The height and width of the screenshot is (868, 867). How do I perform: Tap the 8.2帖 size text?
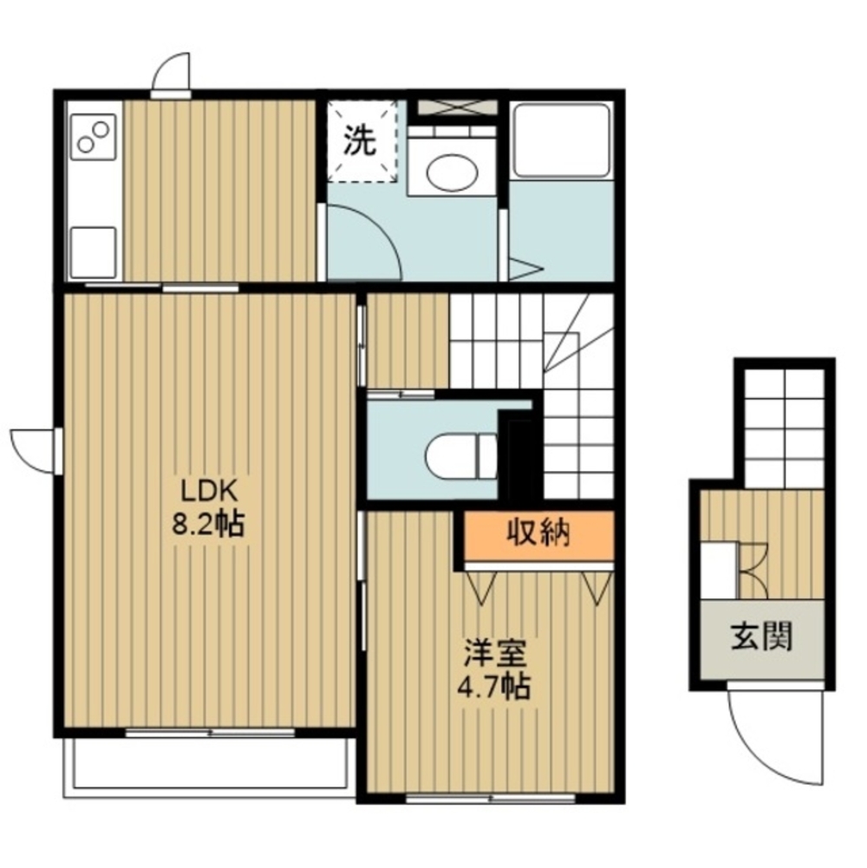click(208, 525)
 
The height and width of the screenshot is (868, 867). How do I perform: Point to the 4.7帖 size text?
click(493, 687)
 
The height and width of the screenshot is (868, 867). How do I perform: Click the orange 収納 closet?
click(538, 535)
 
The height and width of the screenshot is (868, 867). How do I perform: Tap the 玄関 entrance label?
click(762, 636)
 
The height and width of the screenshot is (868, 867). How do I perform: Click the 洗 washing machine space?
click(362, 140)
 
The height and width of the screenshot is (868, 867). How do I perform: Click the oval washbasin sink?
click(452, 172)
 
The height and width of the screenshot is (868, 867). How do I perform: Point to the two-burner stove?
click(94, 137)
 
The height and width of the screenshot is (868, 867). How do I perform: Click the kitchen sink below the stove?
click(93, 252)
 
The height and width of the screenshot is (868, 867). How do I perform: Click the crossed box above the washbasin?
click(457, 107)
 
